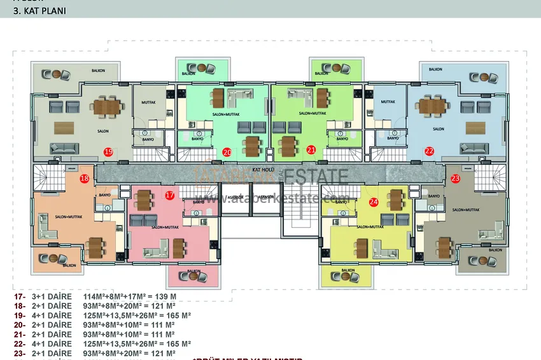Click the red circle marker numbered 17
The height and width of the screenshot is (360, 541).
[x=169, y=195]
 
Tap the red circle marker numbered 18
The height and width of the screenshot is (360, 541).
[x=85, y=179]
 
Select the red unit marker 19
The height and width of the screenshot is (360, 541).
[x=108, y=151]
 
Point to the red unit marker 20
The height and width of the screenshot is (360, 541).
[x=227, y=152]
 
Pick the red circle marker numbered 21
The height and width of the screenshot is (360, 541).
[x=311, y=151]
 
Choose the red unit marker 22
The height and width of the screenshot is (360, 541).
[x=429, y=151]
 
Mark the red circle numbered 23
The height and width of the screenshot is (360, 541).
[x=454, y=179]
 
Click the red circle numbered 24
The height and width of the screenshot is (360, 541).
[x=374, y=202]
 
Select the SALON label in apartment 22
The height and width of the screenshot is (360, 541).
[x=438, y=129]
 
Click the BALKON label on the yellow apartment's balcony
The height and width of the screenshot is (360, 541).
[x=348, y=270]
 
